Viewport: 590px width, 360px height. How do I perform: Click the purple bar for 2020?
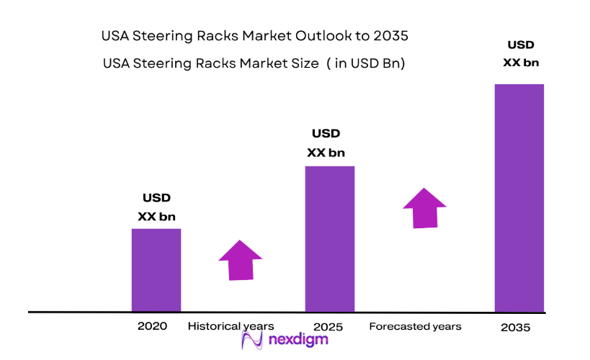156,270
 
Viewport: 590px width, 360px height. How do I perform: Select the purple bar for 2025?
330,239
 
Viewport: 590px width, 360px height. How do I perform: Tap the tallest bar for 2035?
519,198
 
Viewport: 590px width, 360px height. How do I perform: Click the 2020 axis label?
152,326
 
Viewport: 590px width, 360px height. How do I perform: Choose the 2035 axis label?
515,328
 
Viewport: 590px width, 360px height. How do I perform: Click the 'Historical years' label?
231,326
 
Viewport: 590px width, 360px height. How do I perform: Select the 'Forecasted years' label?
415,326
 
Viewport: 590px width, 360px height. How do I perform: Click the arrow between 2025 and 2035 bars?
424,208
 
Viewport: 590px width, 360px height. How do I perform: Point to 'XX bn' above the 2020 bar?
156,216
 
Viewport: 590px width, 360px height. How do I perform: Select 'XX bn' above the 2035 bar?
520,63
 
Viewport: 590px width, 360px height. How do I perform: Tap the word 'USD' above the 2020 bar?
156,198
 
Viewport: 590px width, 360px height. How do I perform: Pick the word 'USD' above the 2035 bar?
520,45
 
